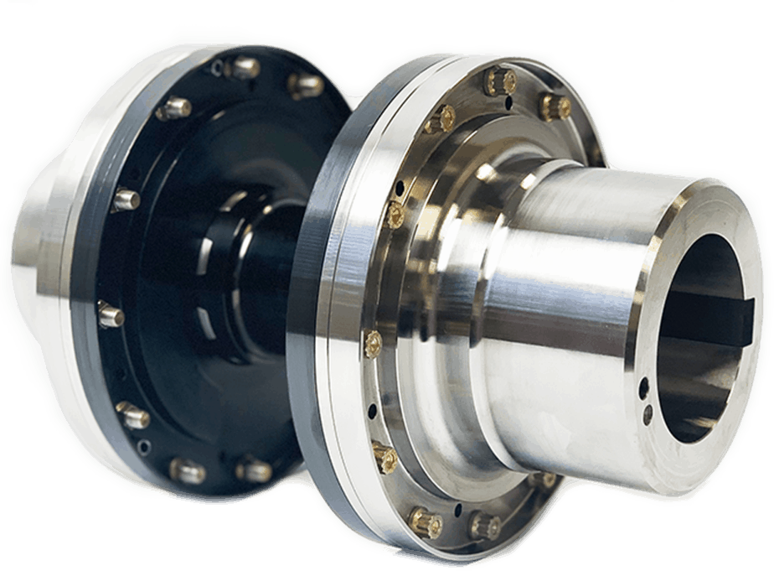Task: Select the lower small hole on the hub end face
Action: pos(648,413)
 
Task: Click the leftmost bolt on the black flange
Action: pos(111,314)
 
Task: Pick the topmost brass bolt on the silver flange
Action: pos(500,81)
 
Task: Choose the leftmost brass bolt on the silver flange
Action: pos(373,342)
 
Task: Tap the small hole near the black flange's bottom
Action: pos(144,447)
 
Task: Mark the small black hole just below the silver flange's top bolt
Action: pos(508,104)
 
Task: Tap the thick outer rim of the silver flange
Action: pos(322,293)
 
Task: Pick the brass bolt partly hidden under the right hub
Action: pos(544,480)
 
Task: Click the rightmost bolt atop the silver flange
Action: pos(555,106)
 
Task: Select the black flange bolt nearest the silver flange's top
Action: pos(306,85)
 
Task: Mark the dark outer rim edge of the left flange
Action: pos(84,277)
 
